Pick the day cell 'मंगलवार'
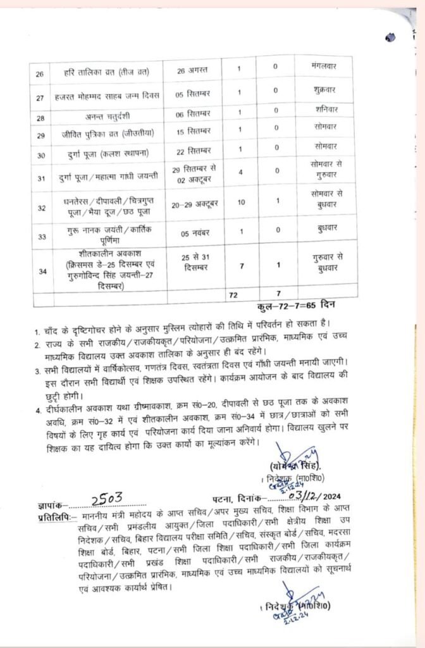326,65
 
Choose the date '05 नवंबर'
194,234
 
